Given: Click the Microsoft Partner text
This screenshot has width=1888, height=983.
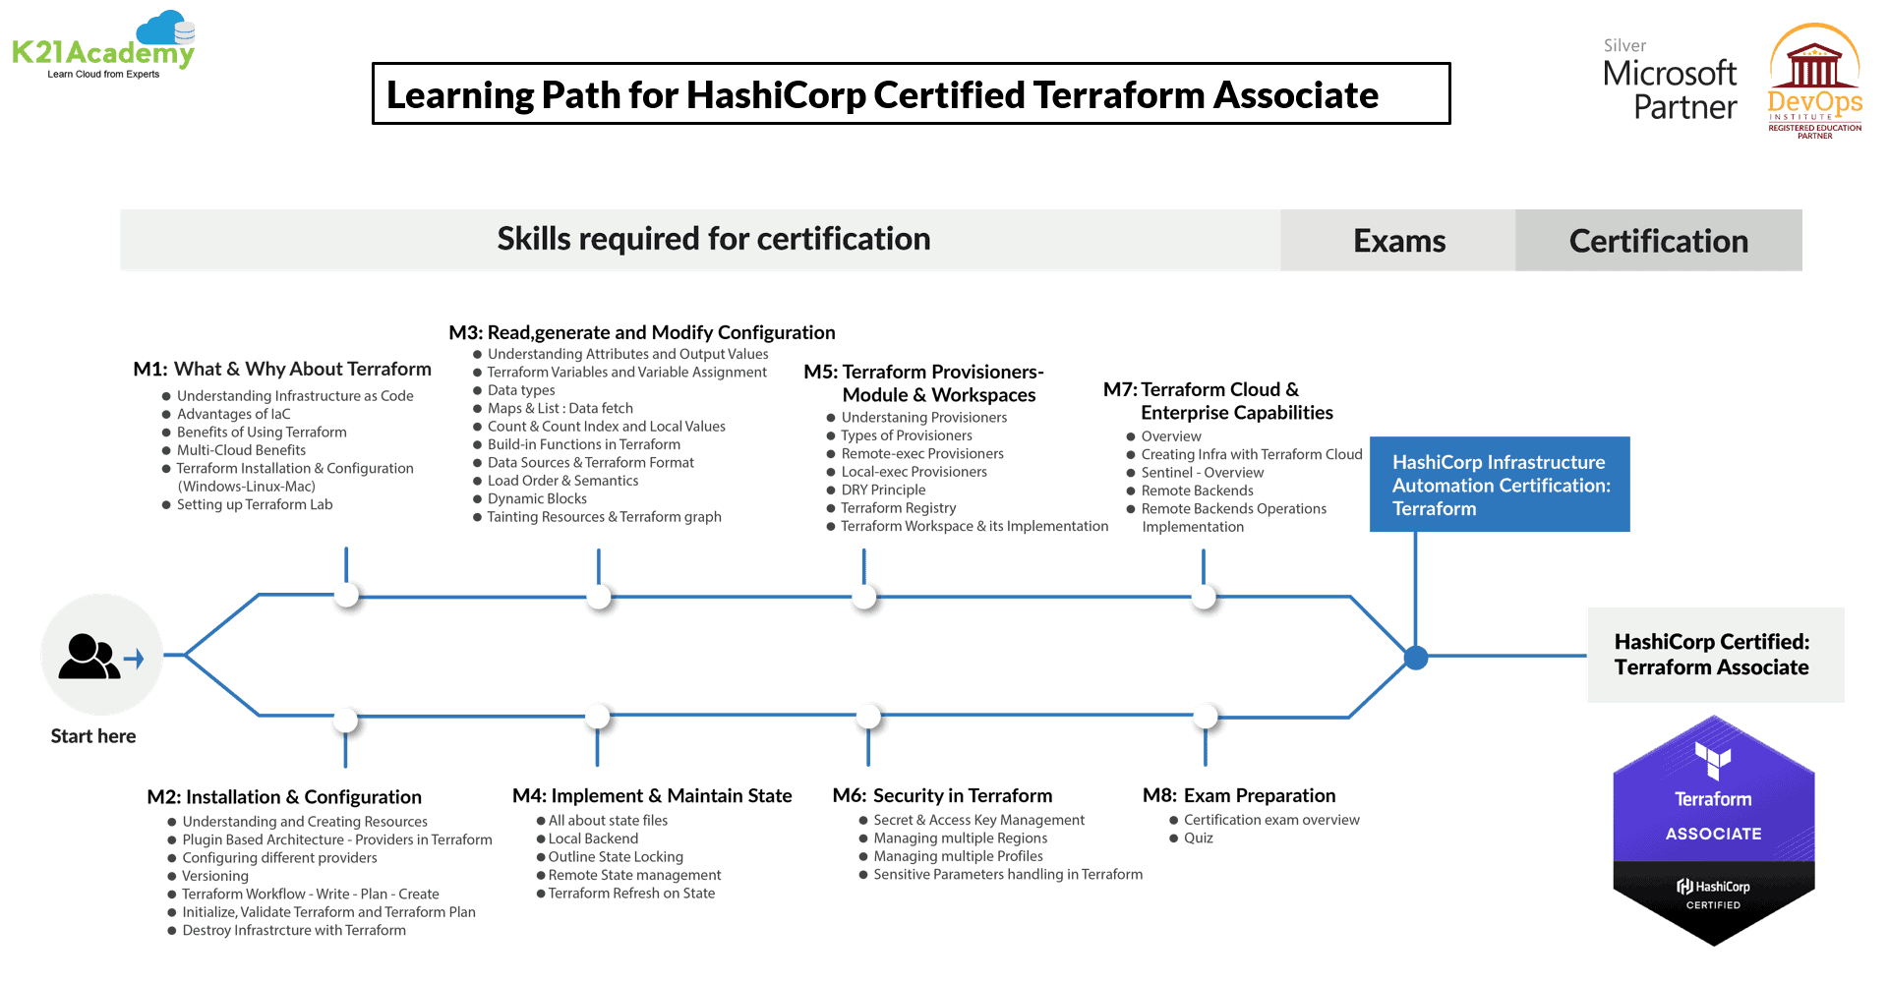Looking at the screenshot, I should tap(1670, 88).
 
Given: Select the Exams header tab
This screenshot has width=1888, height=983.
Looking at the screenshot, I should tap(1398, 241).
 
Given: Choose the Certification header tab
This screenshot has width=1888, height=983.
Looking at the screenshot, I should tap(1658, 241).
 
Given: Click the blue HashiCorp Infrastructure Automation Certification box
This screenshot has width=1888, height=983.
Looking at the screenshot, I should tap(1500, 485).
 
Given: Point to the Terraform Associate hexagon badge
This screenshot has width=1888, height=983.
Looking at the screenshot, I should tap(1713, 831).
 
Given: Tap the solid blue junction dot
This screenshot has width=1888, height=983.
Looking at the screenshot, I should tap(1416, 658).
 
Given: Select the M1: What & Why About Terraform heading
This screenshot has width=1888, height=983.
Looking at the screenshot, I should tap(282, 369).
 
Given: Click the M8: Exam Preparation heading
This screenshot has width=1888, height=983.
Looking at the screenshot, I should tap(1239, 795).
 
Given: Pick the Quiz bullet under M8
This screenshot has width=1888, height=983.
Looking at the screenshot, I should tap(1198, 838).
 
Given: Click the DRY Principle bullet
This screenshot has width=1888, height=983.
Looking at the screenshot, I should tap(883, 490).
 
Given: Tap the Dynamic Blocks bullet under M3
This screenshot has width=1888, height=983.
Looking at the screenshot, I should tap(537, 498).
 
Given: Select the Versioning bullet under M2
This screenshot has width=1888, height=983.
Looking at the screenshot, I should tap(215, 876).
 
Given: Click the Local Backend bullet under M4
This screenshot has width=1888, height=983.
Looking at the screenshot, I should tap(593, 838).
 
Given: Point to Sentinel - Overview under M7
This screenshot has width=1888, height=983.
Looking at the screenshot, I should tap(1202, 472).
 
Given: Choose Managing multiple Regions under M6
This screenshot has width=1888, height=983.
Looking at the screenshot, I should tap(960, 838).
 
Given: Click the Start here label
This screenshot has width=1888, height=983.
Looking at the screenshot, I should tap(93, 736).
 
